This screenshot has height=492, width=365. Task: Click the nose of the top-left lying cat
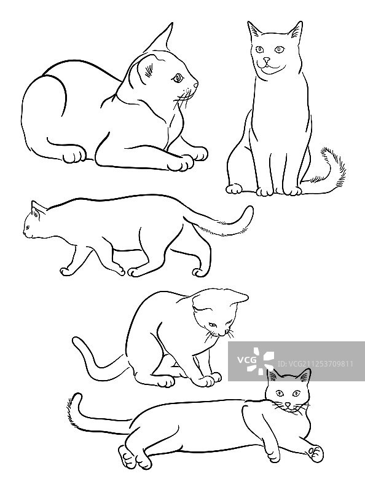[x=197, y=85]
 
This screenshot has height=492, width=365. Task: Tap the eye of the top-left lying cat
[x=178, y=77]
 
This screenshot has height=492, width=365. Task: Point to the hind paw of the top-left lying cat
[x=74, y=156]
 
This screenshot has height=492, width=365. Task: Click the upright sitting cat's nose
[x=266, y=59]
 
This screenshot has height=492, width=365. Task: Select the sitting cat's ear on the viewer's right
[x=297, y=31]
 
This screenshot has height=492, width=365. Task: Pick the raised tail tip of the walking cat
[x=248, y=210]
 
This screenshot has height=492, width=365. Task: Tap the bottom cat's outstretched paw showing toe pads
[x=316, y=453]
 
